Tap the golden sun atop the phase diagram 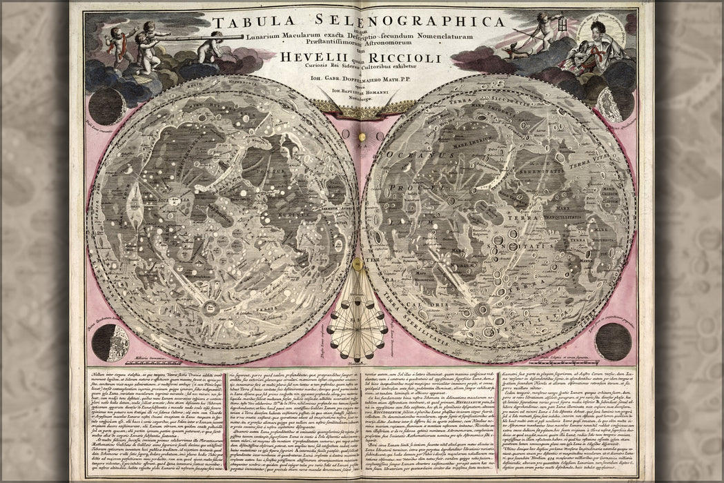click(x=358, y=264)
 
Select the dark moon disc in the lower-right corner click(x=612, y=341)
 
